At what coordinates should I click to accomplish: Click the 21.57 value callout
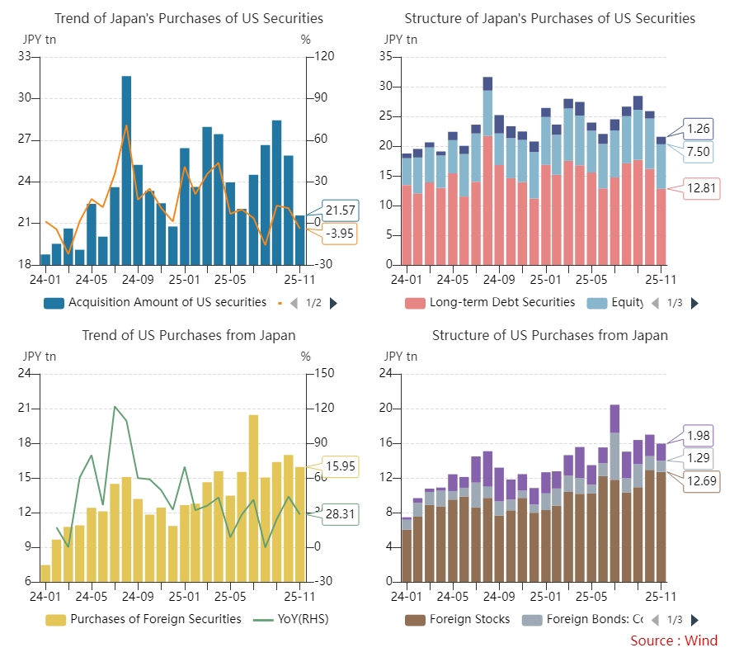pyautogui.click(x=340, y=210)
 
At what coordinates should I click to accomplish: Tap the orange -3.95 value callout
pyautogui.click(x=340, y=234)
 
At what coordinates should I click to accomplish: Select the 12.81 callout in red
pyautogui.click(x=702, y=189)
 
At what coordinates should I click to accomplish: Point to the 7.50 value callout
pyautogui.click(x=699, y=152)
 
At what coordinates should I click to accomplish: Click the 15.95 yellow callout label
pyautogui.click(x=340, y=466)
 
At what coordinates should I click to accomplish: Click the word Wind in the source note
pyautogui.click(x=701, y=640)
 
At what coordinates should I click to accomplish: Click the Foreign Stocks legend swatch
pyautogui.click(x=415, y=619)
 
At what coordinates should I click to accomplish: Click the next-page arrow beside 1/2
pyautogui.click(x=333, y=303)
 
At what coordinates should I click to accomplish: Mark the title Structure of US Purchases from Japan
pyautogui.click(x=549, y=335)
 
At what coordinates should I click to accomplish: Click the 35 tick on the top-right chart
pyautogui.click(x=384, y=57)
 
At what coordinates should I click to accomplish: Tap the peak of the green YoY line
pyautogui.click(x=115, y=407)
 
